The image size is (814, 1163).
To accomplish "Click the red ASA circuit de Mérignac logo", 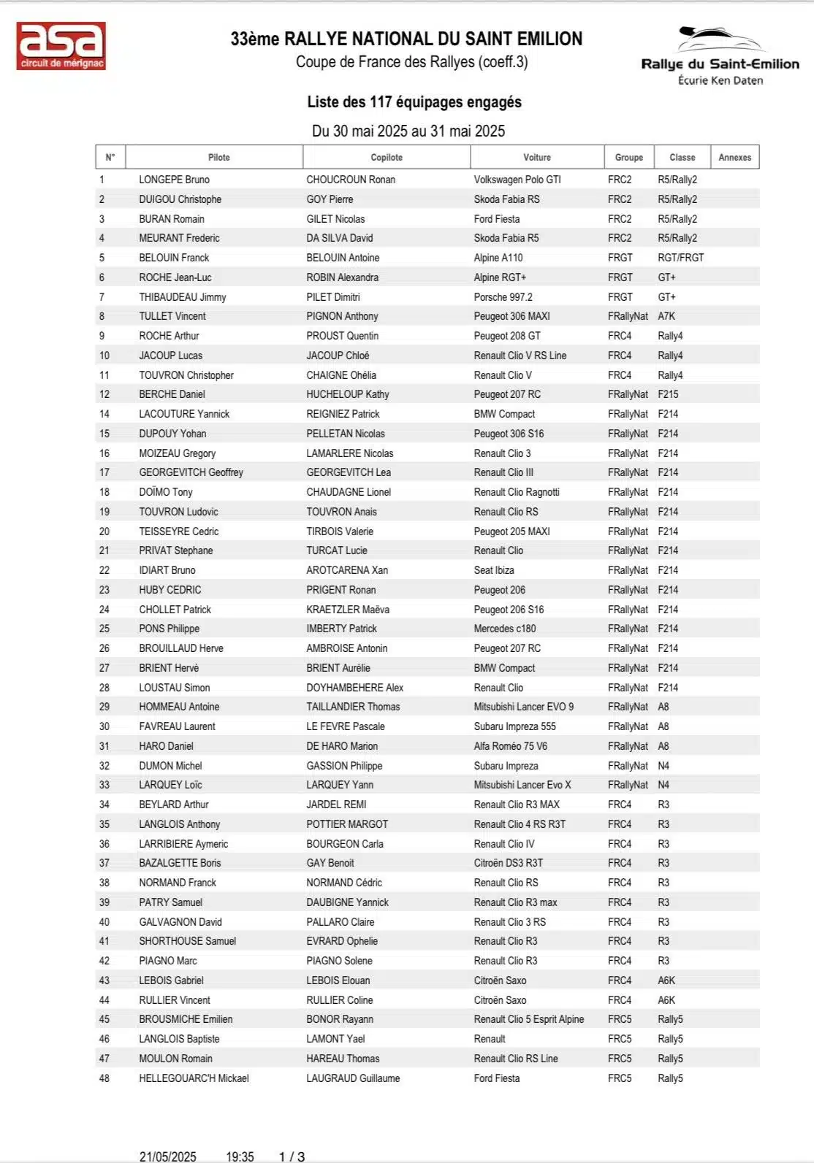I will coord(61,46).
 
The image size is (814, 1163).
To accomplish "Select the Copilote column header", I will coord(387,157).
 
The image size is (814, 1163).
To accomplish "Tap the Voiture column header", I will coord(537,157).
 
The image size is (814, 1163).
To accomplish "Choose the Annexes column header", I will coord(734,157).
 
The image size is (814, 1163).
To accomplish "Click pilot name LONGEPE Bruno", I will coord(174,180).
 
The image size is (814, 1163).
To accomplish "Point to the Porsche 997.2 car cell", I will coord(503,297).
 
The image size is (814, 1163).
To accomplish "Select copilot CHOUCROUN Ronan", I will coord(351,180).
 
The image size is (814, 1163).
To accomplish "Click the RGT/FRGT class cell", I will coord(680,258).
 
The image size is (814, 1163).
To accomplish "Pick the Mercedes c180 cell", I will coord(504,629).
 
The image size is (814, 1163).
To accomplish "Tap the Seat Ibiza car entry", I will coord(494,570).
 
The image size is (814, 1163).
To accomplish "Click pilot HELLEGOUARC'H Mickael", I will coord(194,1078).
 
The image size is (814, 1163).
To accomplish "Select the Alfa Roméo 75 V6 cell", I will coord(510,746).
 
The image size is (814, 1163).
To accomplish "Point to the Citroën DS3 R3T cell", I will coord(508,863).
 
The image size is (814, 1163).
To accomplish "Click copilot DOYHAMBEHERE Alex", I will coord(354,688).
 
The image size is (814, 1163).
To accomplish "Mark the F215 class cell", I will coord(668,394).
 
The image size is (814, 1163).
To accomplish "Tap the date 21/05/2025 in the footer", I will coord(167,1156).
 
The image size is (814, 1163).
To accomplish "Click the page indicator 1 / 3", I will coord(292,1156).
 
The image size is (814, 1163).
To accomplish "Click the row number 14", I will coord(104,414).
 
